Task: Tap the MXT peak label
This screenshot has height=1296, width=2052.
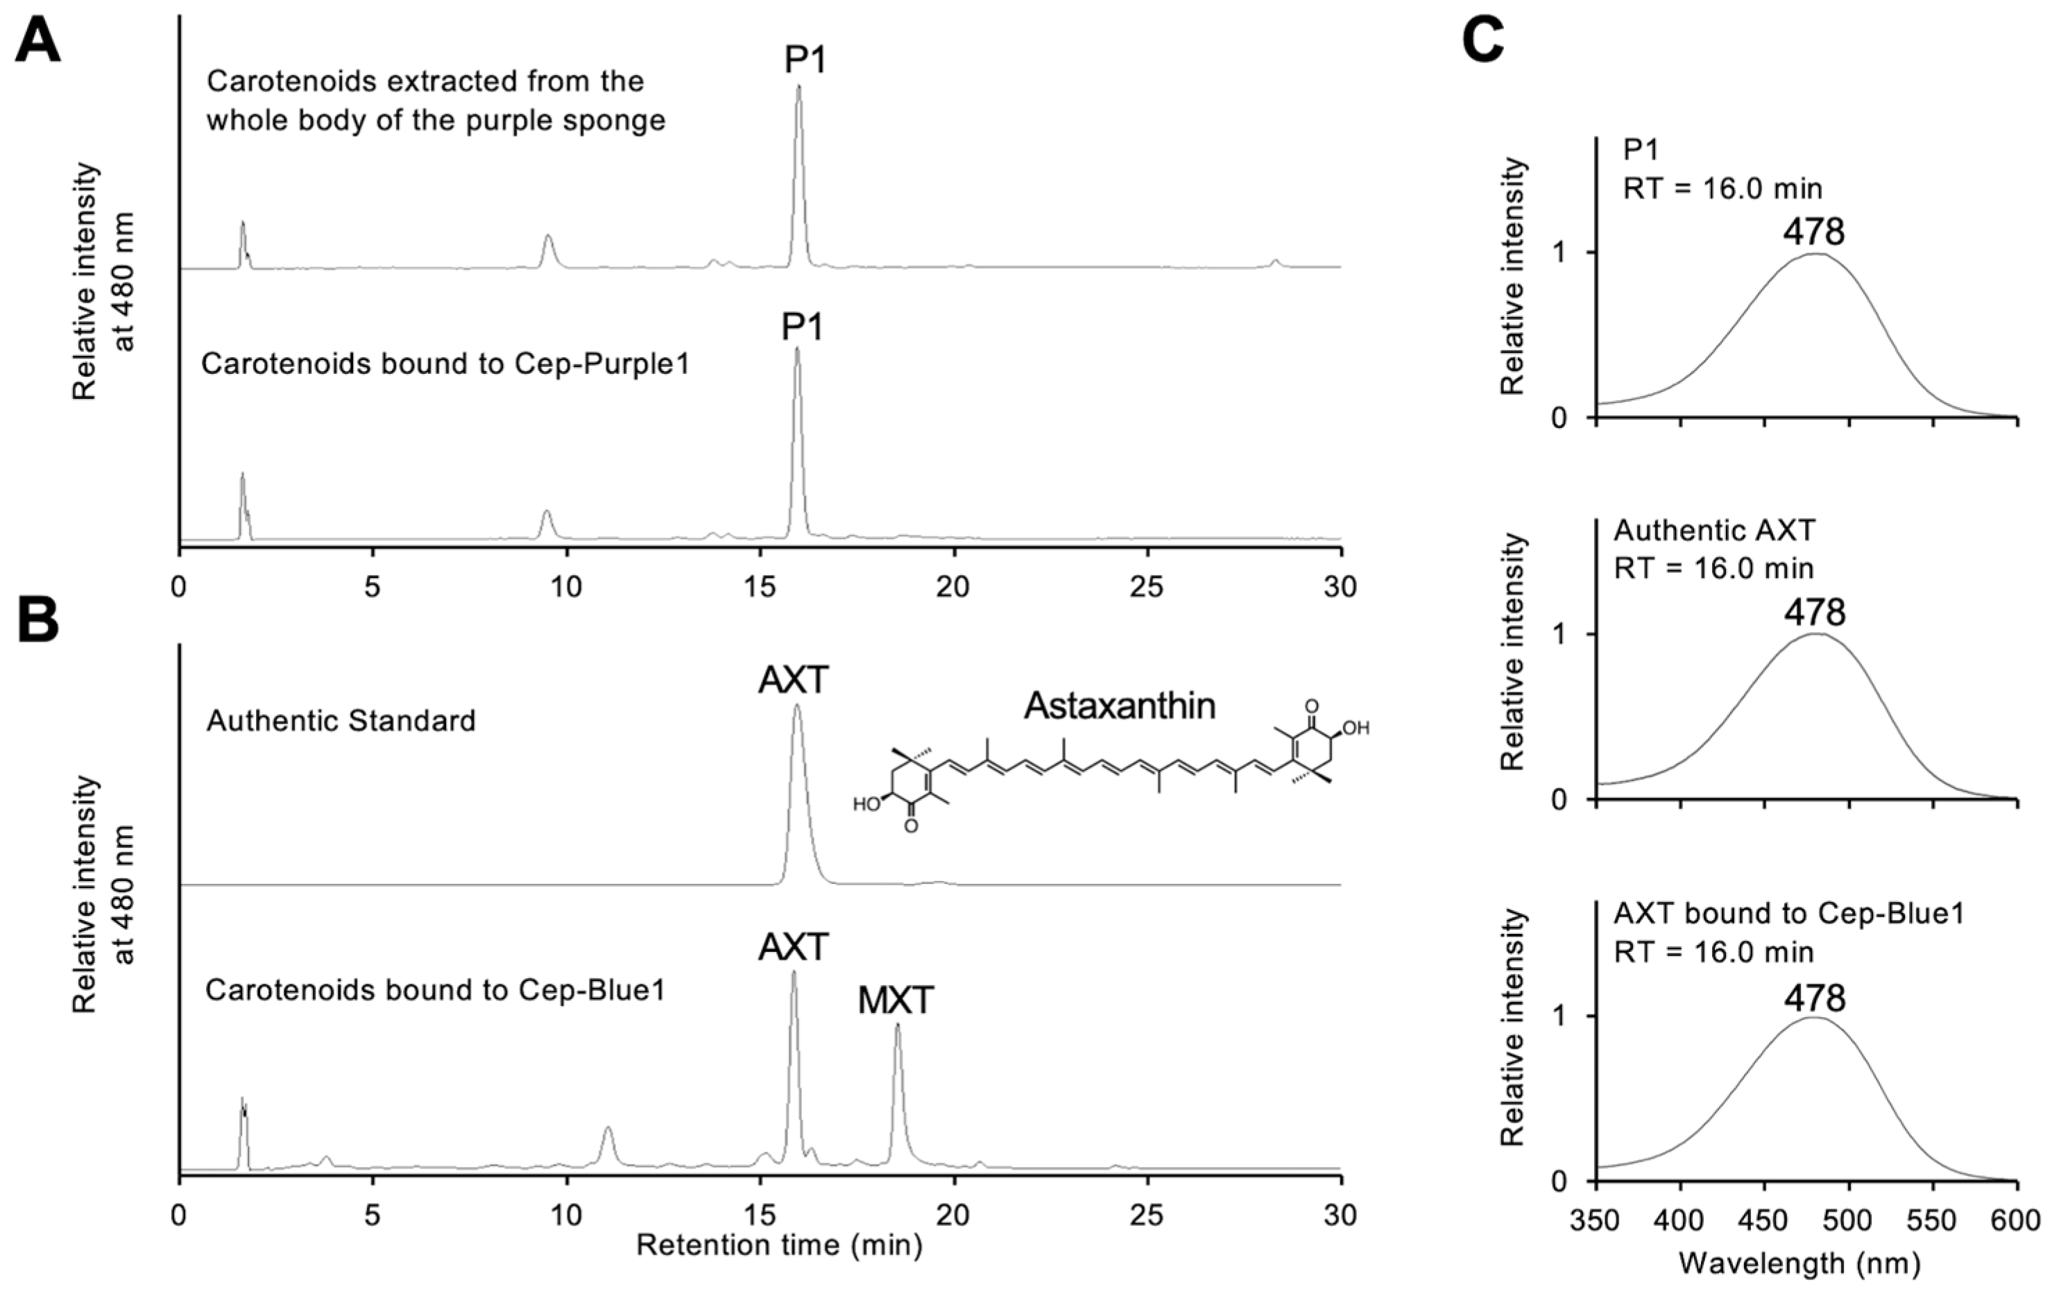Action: point(896,1000)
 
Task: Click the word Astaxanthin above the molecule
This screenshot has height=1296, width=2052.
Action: point(1120,706)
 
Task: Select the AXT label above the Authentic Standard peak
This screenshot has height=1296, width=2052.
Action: point(794,680)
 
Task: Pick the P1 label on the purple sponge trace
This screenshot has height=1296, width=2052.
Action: point(805,60)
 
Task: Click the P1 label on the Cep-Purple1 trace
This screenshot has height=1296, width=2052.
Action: point(803,327)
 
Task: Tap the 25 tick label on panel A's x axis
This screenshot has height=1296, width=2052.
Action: point(1148,587)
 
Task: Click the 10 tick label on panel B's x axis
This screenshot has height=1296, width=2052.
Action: point(566,1213)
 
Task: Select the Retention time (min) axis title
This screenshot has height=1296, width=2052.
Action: point(779,1246)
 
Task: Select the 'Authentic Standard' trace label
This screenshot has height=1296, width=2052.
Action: point(341,721)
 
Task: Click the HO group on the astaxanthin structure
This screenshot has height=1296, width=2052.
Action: point(866,803)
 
